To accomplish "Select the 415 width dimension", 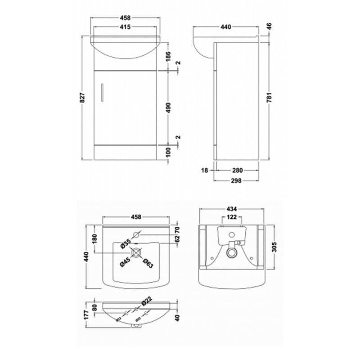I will coord(125,27).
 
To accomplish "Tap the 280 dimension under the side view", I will coord(237,171).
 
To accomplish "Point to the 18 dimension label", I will coord(205,171).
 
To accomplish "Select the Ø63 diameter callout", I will coord(148,264).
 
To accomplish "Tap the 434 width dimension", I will coord(231,208).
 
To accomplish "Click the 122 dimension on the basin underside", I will coord(231,217).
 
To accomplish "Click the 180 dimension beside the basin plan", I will coord(94,239).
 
